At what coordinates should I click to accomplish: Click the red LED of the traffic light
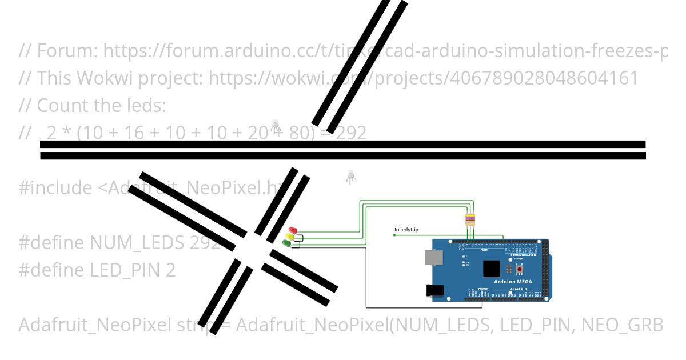[293, 229]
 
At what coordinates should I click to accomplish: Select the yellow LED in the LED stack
[290, 236]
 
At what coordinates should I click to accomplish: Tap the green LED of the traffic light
[287, 243]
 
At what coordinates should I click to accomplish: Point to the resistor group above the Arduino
[470, 219]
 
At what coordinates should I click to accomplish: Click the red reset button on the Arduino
[520, 268]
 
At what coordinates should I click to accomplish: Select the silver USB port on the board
[433, 258]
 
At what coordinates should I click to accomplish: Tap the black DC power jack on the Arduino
[434, 290]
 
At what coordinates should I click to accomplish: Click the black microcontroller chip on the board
[492, 269]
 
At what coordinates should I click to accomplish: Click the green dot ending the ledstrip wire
[394, 235]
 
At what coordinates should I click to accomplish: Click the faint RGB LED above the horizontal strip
[275, 124]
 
